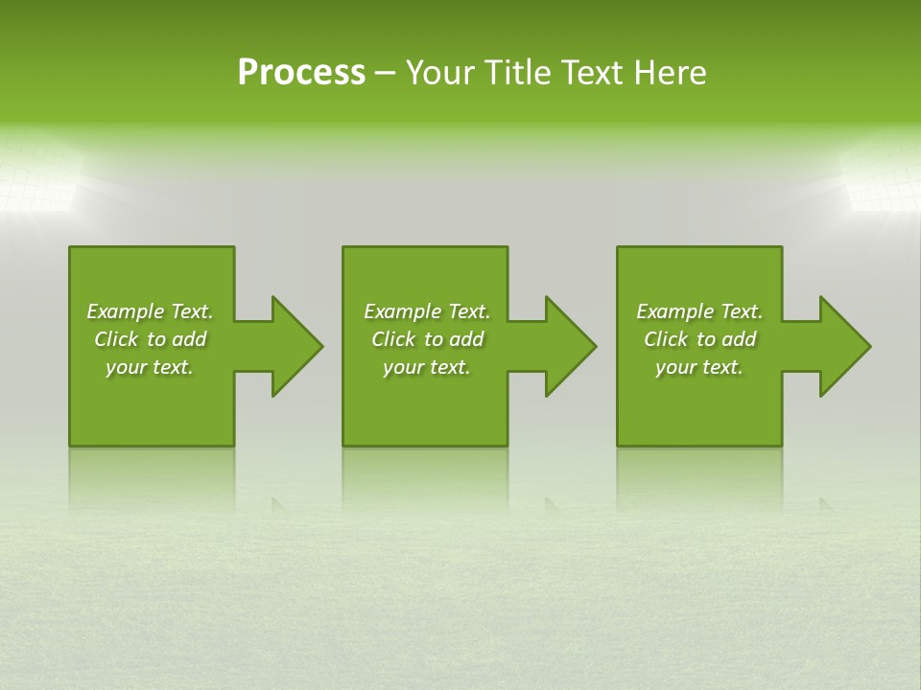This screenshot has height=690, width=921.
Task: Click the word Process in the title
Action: [x=301, y=73]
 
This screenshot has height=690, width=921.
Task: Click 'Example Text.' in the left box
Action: [x=150, y=311]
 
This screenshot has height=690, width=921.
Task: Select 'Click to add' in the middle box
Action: [x=427, y=339]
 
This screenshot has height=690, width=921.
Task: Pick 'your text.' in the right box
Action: [x=699, y=367]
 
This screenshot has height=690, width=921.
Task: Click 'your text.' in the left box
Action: [x=150, y=367]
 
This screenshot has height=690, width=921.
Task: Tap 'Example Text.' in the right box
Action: [x=699, y=311]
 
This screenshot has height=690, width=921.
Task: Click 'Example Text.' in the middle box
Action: [x=427, y=311]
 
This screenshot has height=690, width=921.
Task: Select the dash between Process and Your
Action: [x=386, y=73]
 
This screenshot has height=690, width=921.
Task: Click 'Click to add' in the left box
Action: [x=150, y=339]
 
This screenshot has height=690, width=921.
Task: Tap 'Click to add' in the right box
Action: [x=699, y=339]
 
